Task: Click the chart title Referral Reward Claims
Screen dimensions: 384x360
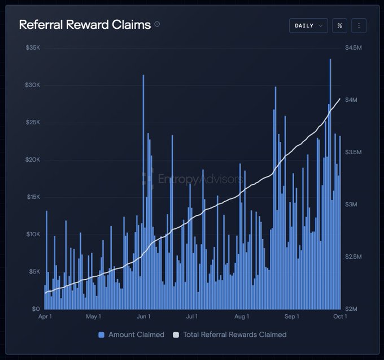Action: [x=85, y=24]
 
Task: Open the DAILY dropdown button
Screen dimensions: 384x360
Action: [x=308, y=25]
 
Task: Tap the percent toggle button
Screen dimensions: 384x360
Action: [x=339, y=25]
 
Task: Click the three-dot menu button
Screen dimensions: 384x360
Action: [x=359, y=25]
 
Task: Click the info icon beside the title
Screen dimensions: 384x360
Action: [x=157, y=24]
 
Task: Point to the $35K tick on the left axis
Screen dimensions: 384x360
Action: [x=33, y=47]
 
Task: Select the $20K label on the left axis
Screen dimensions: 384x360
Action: [x=33, y=159]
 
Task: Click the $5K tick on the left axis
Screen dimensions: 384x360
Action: [x=34, y=271]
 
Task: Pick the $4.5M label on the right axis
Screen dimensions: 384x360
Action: [x=354, y=47]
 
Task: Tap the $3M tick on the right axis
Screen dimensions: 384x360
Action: [x=351, y=205]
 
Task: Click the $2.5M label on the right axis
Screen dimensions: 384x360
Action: [x=354, y=257]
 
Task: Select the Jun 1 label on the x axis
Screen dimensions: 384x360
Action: [x=143, y=316]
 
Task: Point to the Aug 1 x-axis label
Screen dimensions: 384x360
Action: [x=242, y=316]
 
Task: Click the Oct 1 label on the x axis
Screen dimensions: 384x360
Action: [x=340, y=316]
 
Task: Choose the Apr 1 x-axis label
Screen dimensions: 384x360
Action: [x=45, y=316]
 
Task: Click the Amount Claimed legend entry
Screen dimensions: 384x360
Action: [x=131, y=335]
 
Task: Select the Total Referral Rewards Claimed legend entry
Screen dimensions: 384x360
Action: [x=230, y=335]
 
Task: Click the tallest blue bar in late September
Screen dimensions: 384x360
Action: [x=330, y=184]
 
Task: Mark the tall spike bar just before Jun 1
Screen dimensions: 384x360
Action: [x=143, y=192]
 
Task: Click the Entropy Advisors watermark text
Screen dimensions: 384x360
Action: [x=200, y=179]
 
